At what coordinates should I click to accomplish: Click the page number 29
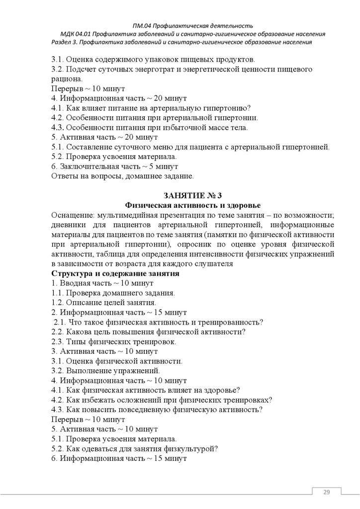(x=327, y=492)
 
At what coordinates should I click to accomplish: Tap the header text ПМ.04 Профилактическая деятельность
(x=193, y=25)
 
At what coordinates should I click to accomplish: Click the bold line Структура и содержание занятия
(x=115, y=273)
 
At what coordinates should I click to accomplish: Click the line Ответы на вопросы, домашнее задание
(x=122, y=175)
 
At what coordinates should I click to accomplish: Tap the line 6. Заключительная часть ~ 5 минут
(x=115, y=167)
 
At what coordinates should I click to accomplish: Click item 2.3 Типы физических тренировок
(x=113, y=341)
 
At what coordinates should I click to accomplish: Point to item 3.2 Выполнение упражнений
(x=106, y=370)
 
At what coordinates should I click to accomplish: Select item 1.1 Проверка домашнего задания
(x=113, y=293)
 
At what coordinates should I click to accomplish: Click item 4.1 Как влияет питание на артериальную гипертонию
(x=151, y=108)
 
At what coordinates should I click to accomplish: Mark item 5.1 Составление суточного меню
(x=190, y=147)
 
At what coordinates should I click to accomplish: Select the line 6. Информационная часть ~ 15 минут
(x=119, y=458)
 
